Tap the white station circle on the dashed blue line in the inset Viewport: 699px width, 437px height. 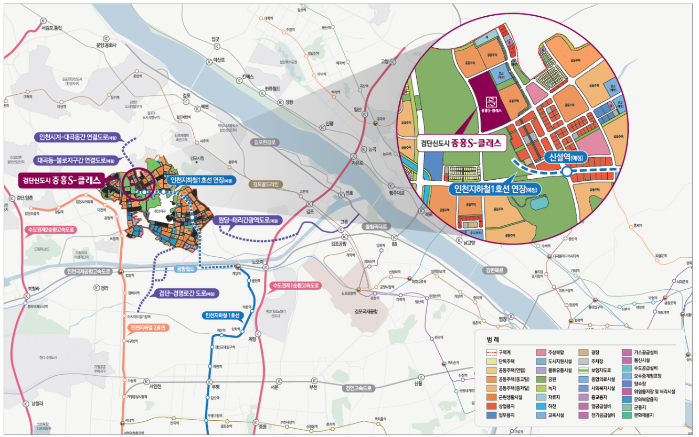click(x=567, y=172)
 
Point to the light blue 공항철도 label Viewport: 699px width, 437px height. click(x=185, y=269)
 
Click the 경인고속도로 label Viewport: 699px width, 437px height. click(x=359, y=388)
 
